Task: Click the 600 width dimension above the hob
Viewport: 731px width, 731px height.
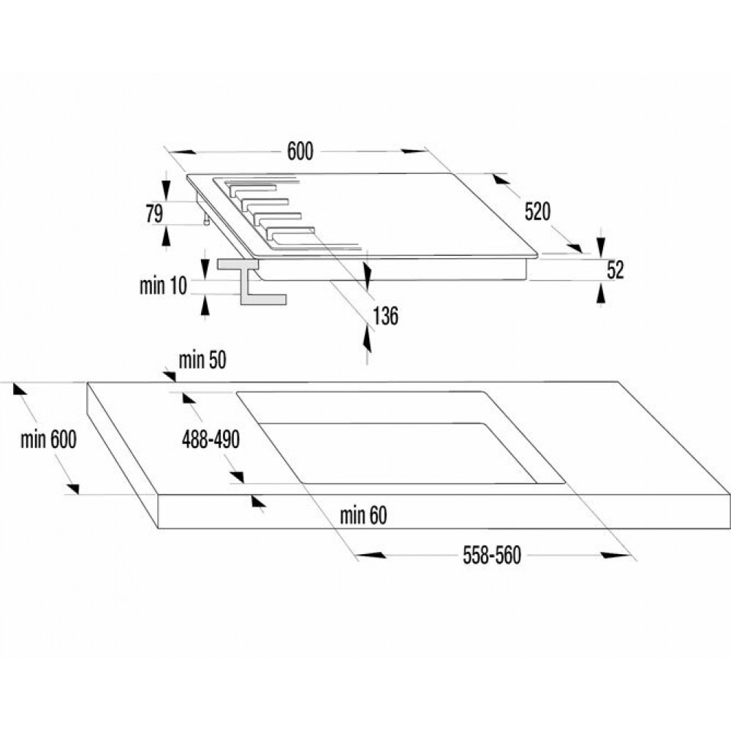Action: [300, 151]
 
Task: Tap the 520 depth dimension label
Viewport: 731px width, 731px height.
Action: [537, 212]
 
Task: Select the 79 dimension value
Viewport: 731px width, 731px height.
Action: [154, 214]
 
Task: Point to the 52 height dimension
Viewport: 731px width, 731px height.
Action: [616, 270]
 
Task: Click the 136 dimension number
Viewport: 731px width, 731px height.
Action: [385, 316]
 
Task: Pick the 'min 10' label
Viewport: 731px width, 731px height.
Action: [163, 285]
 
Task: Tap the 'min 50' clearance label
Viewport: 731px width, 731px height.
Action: [202, 360]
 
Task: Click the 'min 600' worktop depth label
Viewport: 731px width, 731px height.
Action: [48, 439]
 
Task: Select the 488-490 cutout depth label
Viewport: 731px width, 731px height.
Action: [211, 439]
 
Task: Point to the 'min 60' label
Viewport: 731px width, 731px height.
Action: [363, 515]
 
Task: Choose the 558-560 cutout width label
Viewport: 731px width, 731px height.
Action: [492, 556]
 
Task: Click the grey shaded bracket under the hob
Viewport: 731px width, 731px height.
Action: [250, 282]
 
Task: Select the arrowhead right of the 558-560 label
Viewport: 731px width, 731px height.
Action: [615, 556]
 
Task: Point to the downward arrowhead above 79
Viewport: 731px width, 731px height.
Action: [165, 189]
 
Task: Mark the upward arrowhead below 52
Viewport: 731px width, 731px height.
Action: [601, 294]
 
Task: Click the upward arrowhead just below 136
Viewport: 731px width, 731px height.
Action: [368, 339]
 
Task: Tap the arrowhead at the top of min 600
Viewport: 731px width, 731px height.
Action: [20, 389]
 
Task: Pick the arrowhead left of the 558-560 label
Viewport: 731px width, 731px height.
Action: [371, 556]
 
